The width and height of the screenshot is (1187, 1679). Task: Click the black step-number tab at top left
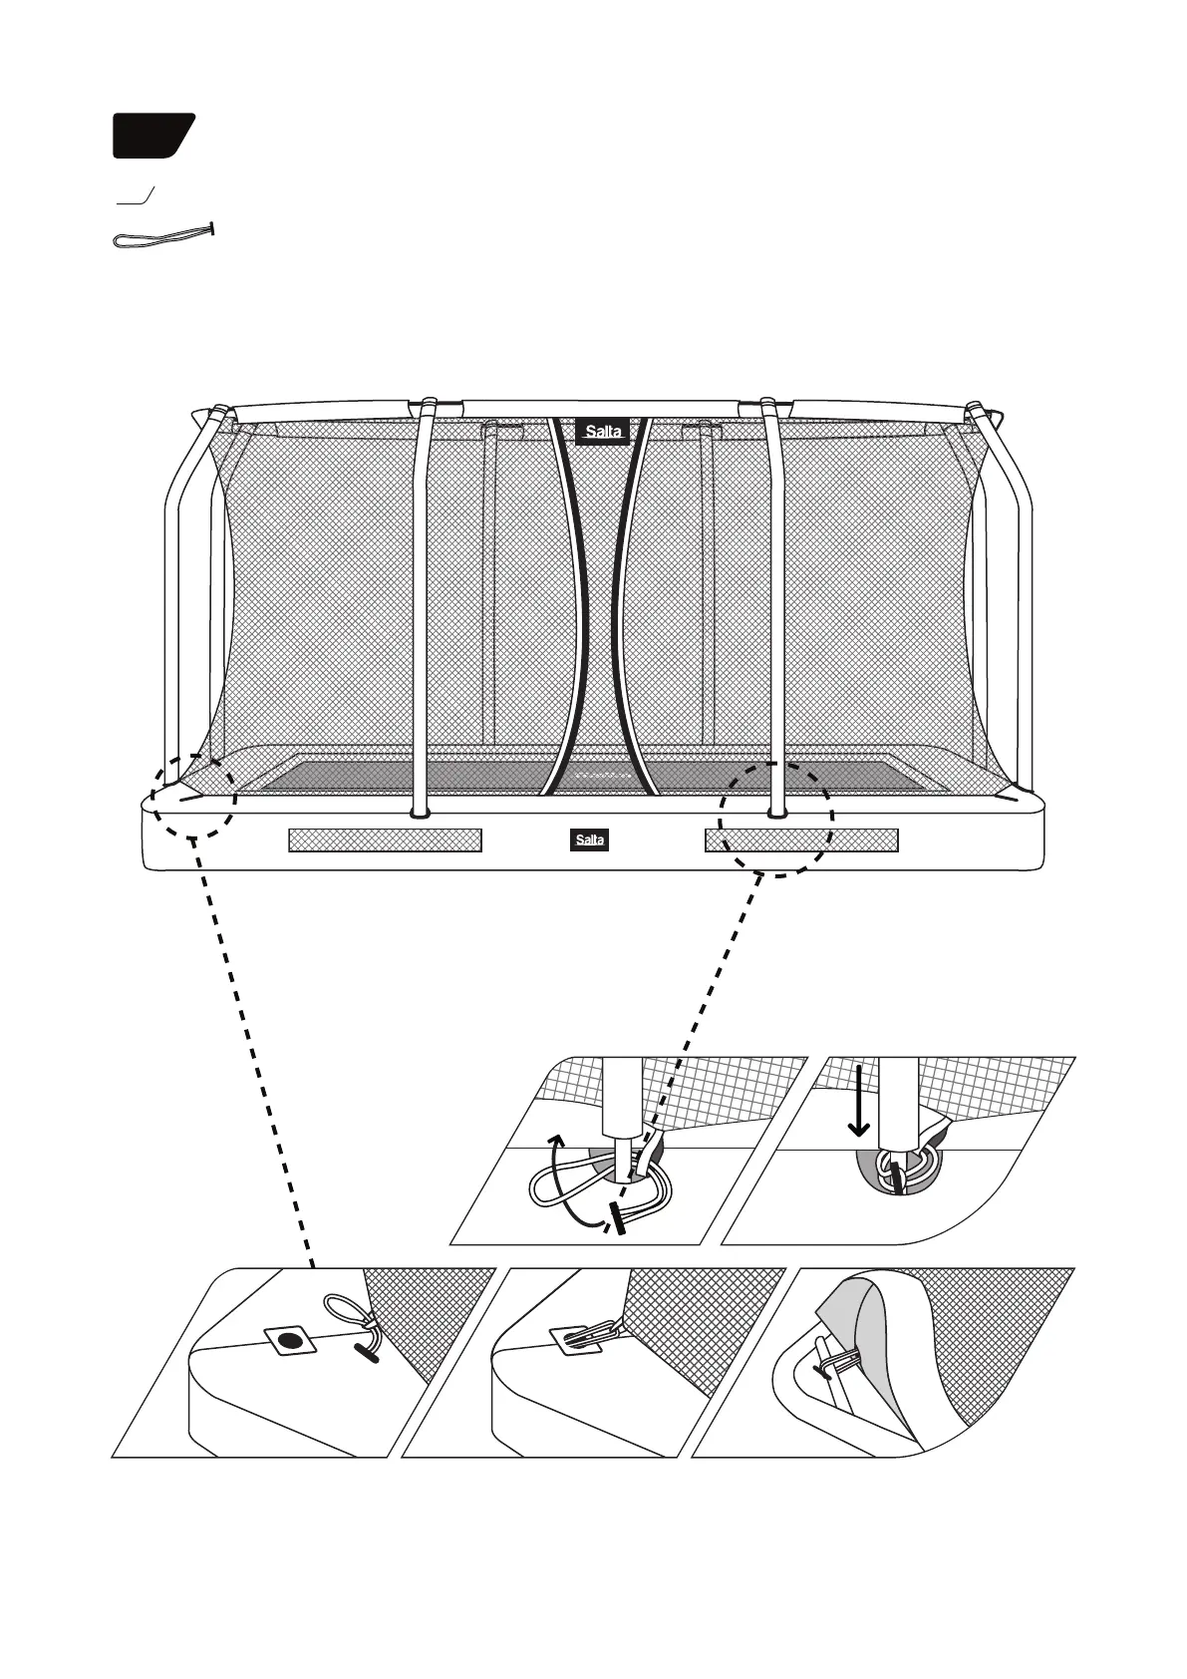(x=151, y=136)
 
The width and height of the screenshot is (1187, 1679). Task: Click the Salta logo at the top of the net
(x=603, y=431)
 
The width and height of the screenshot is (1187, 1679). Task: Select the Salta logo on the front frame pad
(x=588, y=839)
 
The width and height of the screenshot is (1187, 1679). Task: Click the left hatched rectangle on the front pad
(x=385, y=839)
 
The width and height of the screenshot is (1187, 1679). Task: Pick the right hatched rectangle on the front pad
(x=801, y=839)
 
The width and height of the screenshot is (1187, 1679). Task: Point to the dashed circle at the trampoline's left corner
(x=194, y=796)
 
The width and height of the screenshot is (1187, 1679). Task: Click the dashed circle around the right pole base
(x=775, y=820)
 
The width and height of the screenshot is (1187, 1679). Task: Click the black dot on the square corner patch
(x=289, y=1342)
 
